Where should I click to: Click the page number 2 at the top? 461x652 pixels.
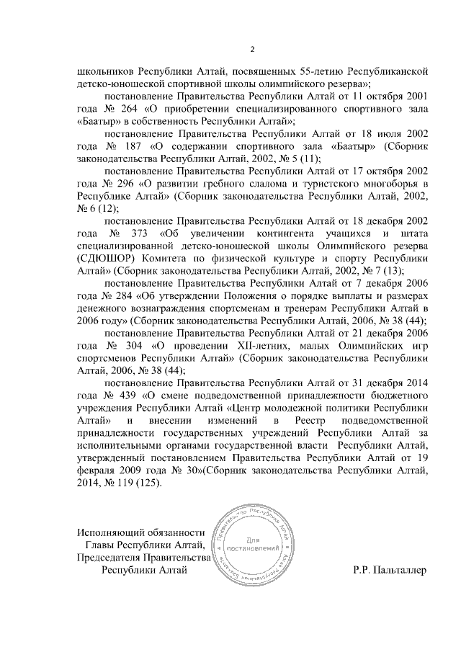click(252, 49)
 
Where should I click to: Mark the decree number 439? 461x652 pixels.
click(129, 394)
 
